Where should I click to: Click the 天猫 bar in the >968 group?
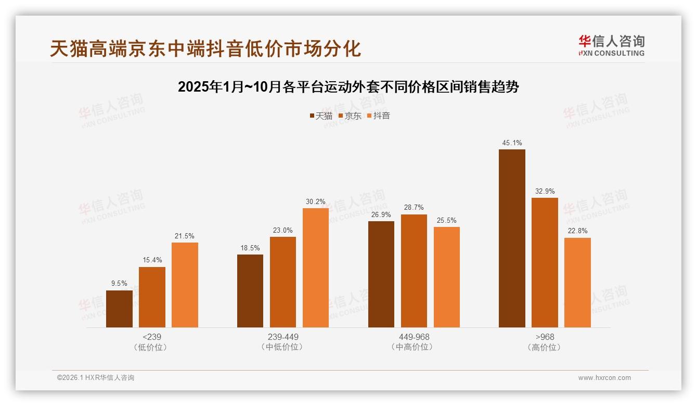point(512,238)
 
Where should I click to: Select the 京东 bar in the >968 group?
point(545,262)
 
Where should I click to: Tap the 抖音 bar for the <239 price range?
point(185,285)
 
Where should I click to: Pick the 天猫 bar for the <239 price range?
point(119,309)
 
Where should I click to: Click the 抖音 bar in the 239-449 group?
point(316,268)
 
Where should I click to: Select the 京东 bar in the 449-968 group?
point(414,271)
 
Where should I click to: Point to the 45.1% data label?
point(512,143)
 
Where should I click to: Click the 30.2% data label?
point(316,201)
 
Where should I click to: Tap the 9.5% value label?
point(119,284)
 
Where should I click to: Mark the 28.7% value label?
point(414,208)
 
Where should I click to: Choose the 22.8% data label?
point(577,231)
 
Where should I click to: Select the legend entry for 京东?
point(350,116)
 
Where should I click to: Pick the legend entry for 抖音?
point(378,116)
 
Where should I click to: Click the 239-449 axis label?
point(283,337)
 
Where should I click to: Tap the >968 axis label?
point(545,337)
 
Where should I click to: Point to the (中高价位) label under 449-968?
point(414,347)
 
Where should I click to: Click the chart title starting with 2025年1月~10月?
point(348,87)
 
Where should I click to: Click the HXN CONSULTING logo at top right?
point(611,46)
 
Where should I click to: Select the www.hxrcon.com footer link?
point(604,378)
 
